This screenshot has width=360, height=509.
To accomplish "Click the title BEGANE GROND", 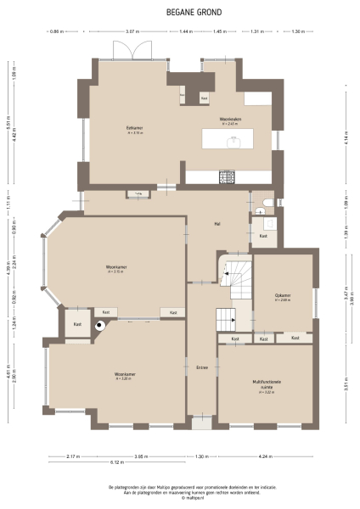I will tap(179, 13).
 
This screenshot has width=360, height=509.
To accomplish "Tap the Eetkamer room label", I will tap(134, 128).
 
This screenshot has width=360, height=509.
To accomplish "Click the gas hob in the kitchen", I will tap(228, 176).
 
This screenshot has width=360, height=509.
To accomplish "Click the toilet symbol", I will tap(267, 203).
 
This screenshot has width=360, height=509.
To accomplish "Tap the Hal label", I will tap(218, 224).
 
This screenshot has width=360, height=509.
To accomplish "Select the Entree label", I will tap(202, 366).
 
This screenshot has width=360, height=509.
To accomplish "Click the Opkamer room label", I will tap(283, 295).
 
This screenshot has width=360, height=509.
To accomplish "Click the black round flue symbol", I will tap(100, 324).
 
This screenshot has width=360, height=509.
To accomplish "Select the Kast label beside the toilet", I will tap(263, 235).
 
